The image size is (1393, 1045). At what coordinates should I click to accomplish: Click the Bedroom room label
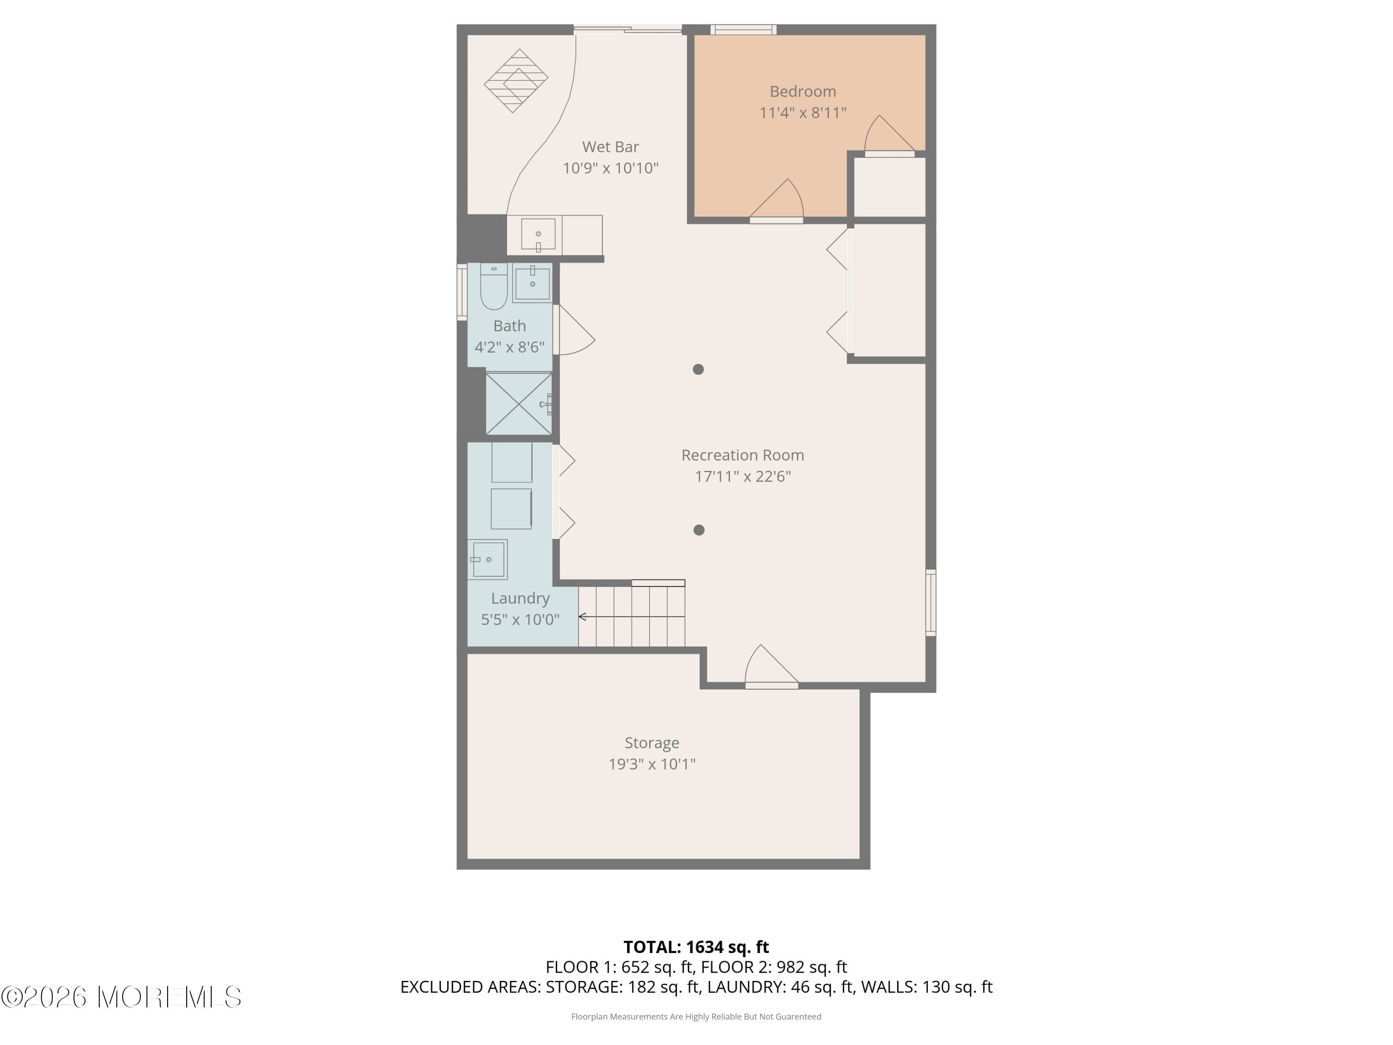click(802, 91)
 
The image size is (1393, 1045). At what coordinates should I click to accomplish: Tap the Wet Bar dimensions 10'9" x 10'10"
click(610, 168)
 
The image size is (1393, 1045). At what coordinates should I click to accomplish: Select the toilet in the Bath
click(494, 288)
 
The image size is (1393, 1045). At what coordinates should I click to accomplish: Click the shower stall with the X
click(518, 404)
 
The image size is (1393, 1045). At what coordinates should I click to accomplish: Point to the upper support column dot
click(698, 369)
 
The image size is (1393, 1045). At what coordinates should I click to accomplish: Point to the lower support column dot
click(698, 530)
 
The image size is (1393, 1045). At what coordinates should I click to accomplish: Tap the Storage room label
click(652, 743)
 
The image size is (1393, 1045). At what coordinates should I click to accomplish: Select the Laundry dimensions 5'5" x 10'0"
click(520, 619)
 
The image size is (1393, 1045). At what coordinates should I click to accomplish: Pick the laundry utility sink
click(488, 559)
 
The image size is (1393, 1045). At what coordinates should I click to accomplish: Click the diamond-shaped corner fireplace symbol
click(516, 81)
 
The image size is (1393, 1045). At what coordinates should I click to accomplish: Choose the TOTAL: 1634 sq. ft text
click(696, 947)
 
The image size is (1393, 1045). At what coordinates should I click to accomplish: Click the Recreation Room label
click(742, 455)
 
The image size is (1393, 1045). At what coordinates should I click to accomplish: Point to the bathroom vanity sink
click(533, 283)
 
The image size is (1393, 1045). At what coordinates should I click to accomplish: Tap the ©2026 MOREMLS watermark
click(121, 997)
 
